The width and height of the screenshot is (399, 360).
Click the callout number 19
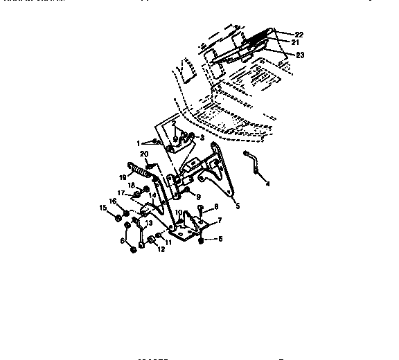[122, 177]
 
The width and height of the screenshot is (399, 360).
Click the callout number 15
[103, 208]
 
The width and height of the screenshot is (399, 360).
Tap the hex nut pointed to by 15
[118, 220]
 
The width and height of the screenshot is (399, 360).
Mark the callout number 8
[216, 206]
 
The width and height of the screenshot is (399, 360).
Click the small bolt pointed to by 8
[200, 208]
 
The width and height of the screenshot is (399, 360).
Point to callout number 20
[144, 154]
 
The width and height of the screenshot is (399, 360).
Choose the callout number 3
[202, 137]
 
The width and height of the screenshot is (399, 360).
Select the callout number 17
[121, 192]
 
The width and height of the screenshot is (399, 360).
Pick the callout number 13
[148, 222]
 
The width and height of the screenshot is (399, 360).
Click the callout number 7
[219, 220]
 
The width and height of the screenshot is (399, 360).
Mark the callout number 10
[178, 213]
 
